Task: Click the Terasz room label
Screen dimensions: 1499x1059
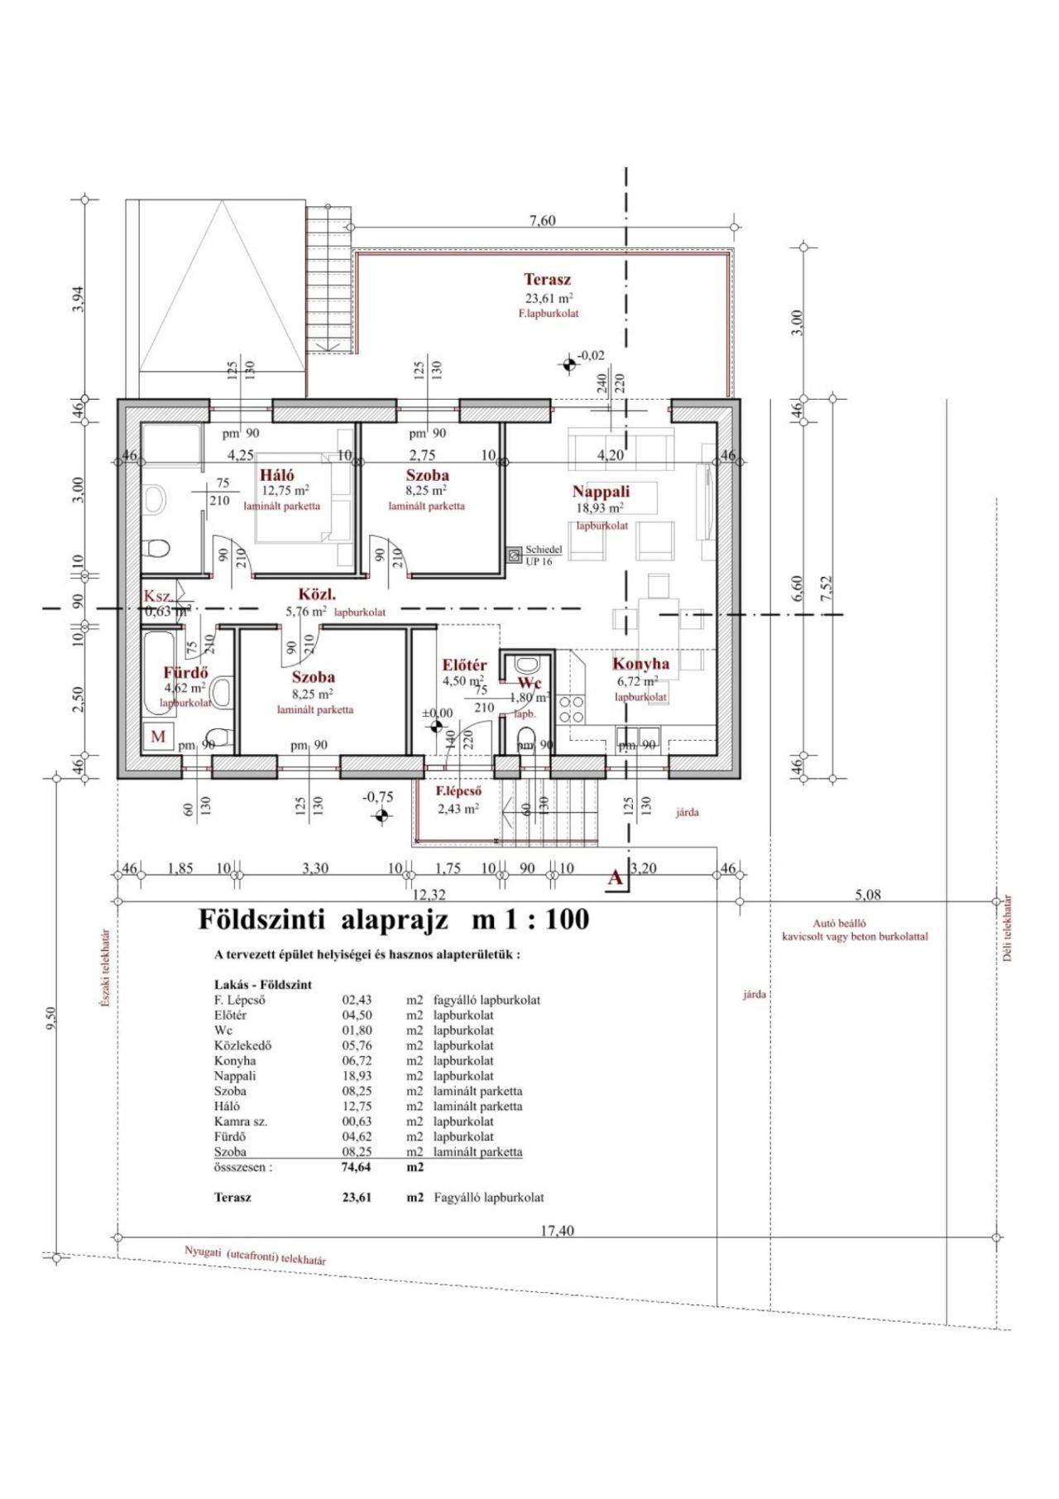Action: coord(547,280)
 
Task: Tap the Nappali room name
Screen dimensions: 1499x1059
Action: coord(601,492)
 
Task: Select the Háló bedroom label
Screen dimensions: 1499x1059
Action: coord(277,475)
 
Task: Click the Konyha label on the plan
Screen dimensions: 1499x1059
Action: coord(640,664)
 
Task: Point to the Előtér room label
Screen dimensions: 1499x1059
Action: coord(464,665)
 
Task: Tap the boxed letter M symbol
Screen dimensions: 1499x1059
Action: coord(158,736)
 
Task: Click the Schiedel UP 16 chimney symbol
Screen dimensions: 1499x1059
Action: coord(514,550)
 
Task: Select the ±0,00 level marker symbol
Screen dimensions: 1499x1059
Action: coord(437,727)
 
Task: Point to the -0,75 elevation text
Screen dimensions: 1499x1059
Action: coord(378,797)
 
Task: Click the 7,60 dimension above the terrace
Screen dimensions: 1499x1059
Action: coord(542,220)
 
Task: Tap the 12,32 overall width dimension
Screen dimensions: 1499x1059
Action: coord(428,894)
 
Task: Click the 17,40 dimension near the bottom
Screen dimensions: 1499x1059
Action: coord(557,1231)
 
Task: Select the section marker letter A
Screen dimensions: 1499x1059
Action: coord(615,878)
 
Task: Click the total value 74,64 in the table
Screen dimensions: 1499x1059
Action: coord(357,1167)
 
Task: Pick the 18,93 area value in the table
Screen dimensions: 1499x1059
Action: coord(357,1076)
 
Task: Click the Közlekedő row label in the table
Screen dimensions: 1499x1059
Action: coord(242,1045)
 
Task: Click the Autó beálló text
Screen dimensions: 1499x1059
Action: coord(839,923)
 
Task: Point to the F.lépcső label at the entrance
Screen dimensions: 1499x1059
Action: coord(459,790)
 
